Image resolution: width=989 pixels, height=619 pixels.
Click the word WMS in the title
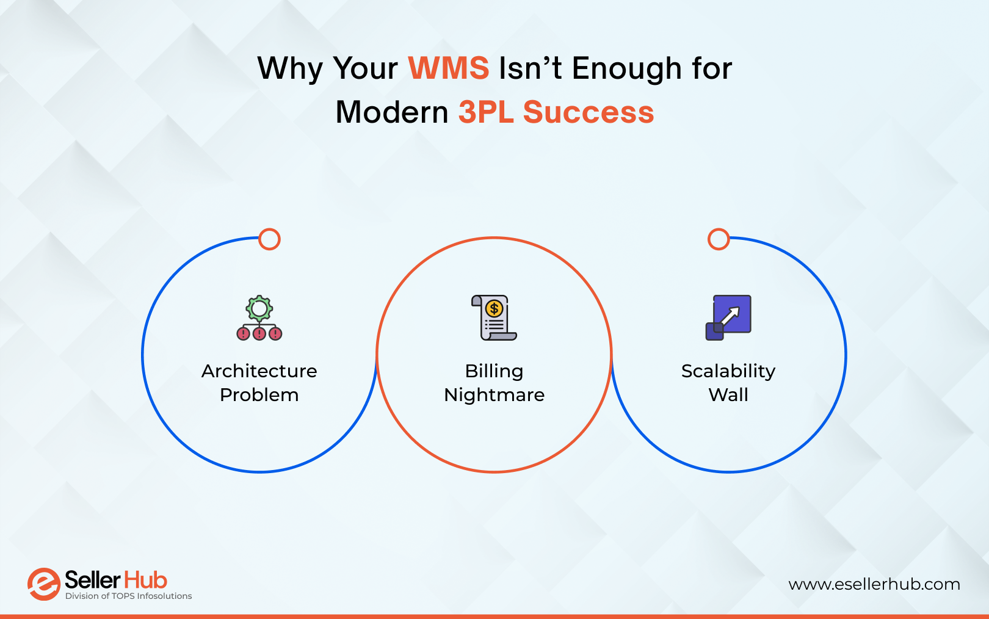pyautogui.click(x=449, y=68)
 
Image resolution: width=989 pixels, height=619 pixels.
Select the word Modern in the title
pyautogui.click(x=392, y=112)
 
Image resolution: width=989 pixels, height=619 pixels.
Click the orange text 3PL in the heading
pyautogui.click(x=486, y=112)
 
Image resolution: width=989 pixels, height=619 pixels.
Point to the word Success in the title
pyautogui.click(x=589, y=112)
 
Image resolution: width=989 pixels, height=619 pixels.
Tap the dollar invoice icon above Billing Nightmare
pyautogui.click(x=494, y=317)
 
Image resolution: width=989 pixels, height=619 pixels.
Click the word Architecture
pyautogui.click(x=259, y=371)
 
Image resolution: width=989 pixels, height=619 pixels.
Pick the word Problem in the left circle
pyautogui.click(x=259, y=395)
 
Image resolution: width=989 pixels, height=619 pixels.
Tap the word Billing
pyautogui.click(x=494, y=371)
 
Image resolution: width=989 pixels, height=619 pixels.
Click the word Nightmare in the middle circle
pyautogui.click(x=494, y=395)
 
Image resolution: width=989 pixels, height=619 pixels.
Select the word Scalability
pyautogui.click(x=728, y=371)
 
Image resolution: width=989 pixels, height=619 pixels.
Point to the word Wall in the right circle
pyautogui.click(x=728, y=395)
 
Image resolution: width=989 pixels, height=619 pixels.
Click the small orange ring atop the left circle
pyautogui.click(x=269, y=239)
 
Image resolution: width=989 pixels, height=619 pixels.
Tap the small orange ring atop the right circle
pyautogui.click(x=719, y=239)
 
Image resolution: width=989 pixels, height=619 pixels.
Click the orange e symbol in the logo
pyautogui.click(x=43, y=584)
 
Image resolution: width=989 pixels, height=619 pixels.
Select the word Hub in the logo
pyautogui.click(x=145, y=580)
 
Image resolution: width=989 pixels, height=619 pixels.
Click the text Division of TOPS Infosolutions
pyautogui.click(x=129, y=596)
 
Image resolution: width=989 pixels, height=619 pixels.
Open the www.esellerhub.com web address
pyautogui.click(x=874, y=585)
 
